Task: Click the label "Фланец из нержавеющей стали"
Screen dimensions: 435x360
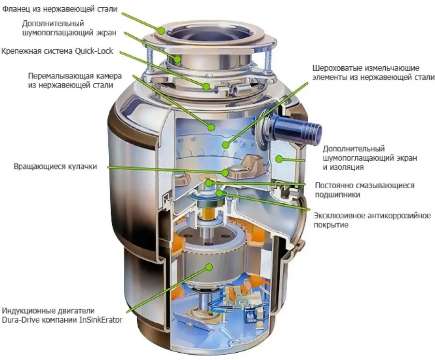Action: pos(60,10)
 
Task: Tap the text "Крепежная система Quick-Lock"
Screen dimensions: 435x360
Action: pos(58,51)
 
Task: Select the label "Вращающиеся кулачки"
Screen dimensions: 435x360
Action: pos(56,166)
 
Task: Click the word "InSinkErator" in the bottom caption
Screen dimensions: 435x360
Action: pos(101,320)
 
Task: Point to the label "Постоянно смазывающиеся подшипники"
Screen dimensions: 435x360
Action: pos(364,190)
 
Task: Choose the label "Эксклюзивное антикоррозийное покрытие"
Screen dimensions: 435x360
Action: pos(372,220)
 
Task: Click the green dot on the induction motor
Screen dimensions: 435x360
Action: pos(209,267)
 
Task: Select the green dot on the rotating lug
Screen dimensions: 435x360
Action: pos(225,172)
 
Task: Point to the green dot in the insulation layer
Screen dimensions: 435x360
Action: pos(278,159)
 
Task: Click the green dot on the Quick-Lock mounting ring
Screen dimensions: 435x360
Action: pos(206,86)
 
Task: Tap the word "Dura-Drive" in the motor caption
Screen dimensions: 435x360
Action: pos(20,320)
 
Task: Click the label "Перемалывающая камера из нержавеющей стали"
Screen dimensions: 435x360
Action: pos(75,80)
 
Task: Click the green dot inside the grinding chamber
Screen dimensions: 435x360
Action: pos(211,128)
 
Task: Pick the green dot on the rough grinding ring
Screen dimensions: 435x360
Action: pos(226,145)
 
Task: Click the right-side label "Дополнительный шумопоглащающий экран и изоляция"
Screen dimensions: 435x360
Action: pos(370,158)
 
